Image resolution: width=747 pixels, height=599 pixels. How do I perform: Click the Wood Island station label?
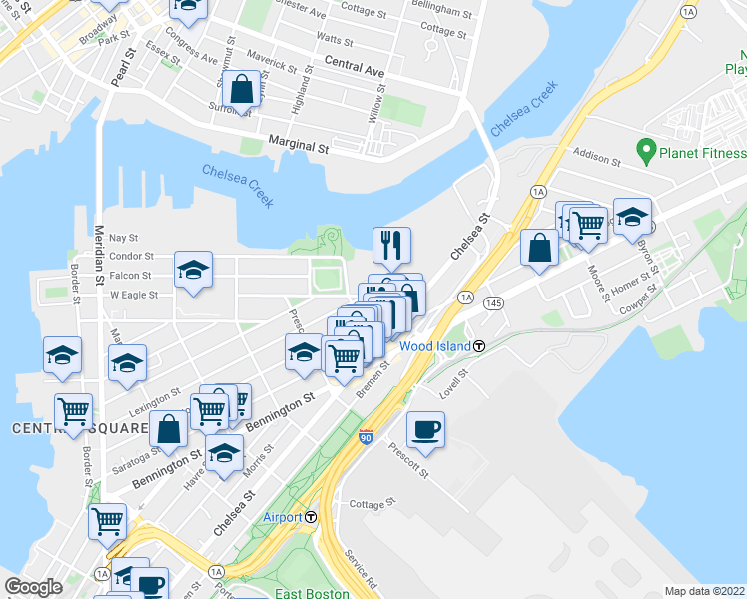click(x=435, y=346)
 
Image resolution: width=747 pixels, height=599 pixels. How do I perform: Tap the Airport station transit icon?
click(x=311, y=517)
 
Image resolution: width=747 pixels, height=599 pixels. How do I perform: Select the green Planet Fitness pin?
click(x=646, y=153)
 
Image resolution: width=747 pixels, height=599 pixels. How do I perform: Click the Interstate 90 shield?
click(x=366, y=437)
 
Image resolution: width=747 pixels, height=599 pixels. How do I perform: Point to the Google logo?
click(x=33, y=587)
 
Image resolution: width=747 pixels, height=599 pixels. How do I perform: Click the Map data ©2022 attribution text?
click(x=704, y=590)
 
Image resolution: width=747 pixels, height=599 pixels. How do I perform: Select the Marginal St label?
click(x=297, y=146)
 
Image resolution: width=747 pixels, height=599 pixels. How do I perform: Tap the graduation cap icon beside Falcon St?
click(x=193, y=269)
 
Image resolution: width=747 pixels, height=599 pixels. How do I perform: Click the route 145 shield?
click(x=492, y=301)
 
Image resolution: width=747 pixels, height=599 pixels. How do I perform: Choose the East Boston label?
click(x=312, y=593)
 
